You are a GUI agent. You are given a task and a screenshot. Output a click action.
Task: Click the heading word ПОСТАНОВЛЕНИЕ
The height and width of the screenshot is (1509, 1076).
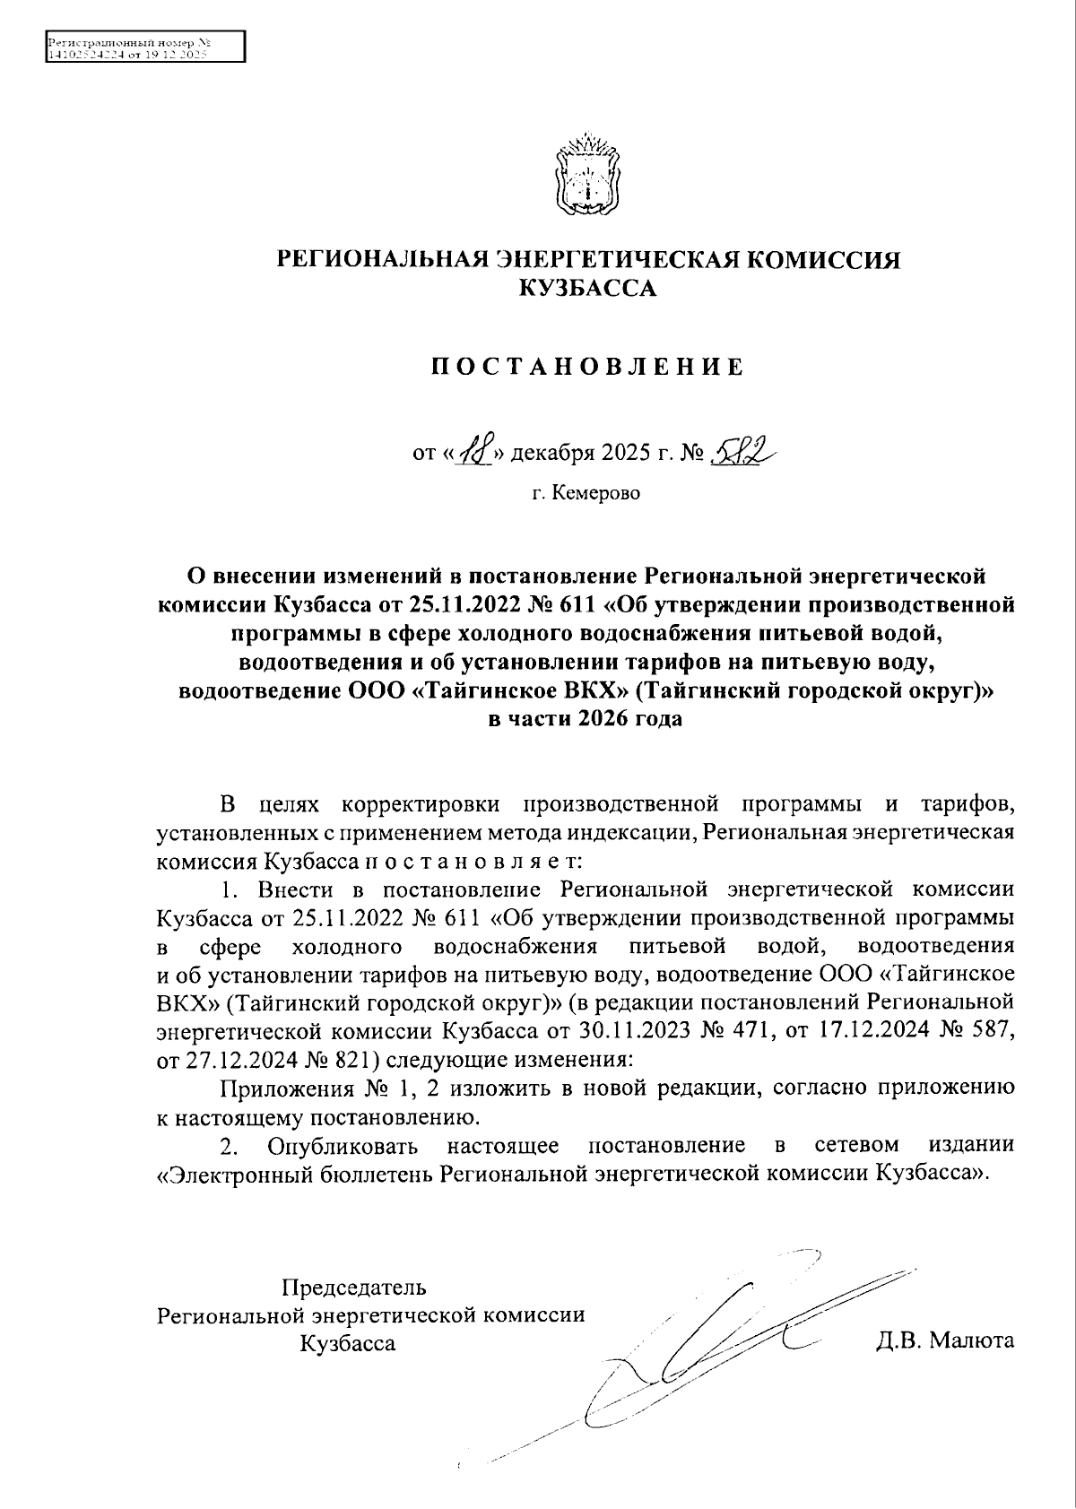pos(588,367)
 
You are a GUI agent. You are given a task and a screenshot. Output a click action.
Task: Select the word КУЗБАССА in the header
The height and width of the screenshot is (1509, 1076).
pos(588,289)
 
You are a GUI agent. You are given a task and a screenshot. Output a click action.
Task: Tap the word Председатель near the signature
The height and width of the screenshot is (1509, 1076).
pos(354,1288)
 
